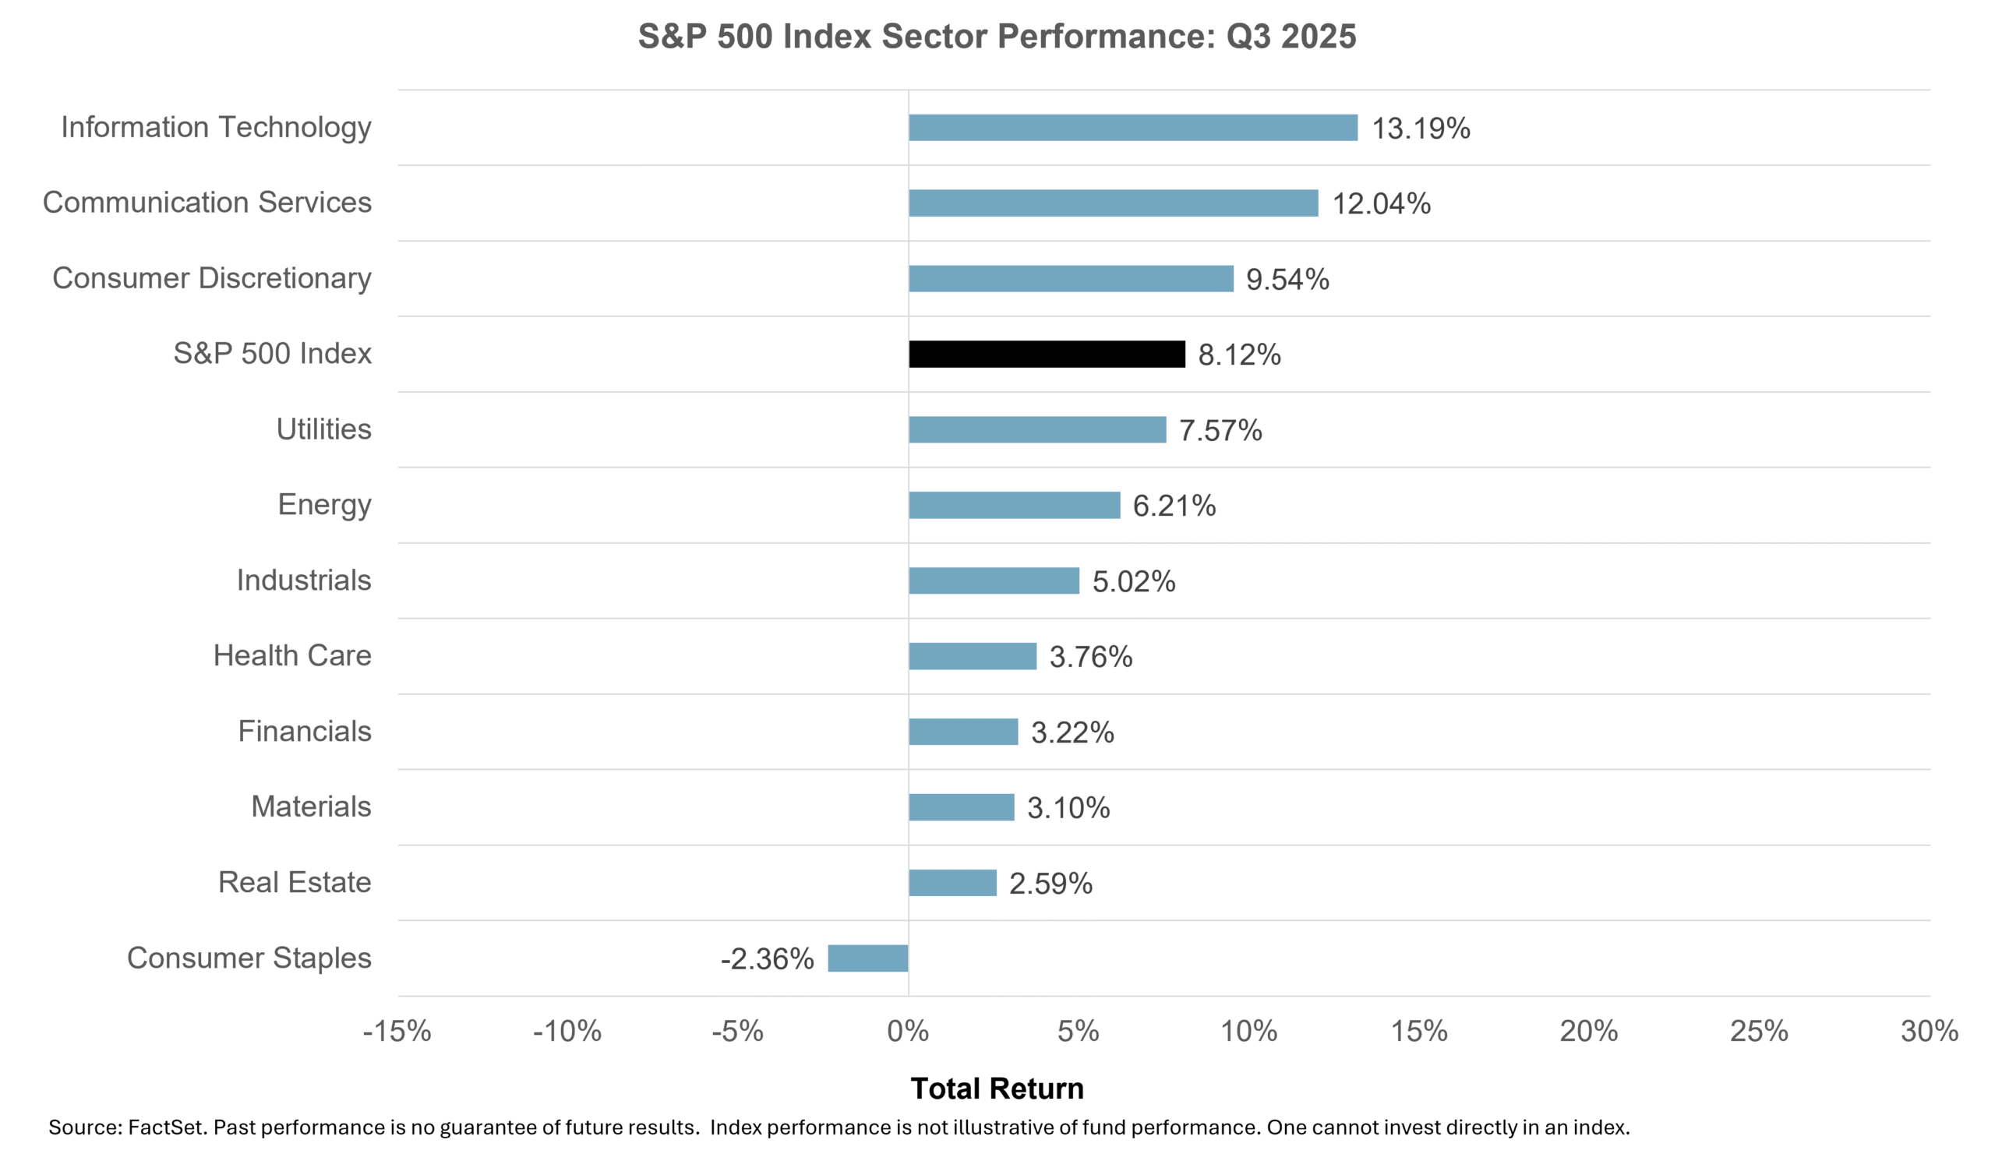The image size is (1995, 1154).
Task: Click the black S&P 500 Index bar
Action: click(1047, 354)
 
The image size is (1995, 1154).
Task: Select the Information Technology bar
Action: click(1133, 128)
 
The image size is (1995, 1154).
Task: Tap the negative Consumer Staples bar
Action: click(867, 958)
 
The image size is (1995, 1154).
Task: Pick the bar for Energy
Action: click(1014, 505)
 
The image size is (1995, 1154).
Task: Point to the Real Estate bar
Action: click(952, 883)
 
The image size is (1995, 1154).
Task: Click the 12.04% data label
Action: click(1382, 203)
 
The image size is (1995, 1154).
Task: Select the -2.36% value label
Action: click(766, 958)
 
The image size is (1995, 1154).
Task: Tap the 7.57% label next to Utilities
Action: click(1220, 430)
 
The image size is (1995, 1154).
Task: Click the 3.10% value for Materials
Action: click(1068, 807)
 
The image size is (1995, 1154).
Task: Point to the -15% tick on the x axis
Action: click(397, 1032)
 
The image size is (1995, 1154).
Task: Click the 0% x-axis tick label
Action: click(907, 1032)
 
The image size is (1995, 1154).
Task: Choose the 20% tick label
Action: click(1588, 1032)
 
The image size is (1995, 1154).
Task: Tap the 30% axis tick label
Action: click(1929, 1032)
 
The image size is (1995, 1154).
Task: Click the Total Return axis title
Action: click(997, 1089)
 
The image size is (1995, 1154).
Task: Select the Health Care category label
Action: click(292, 655)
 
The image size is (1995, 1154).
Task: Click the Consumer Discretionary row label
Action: click(211, 278)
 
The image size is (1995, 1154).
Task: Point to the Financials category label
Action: click(304, 731)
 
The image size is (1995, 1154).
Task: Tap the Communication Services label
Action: click(207, 202)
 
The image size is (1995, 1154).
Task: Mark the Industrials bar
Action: click(994, 581)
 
